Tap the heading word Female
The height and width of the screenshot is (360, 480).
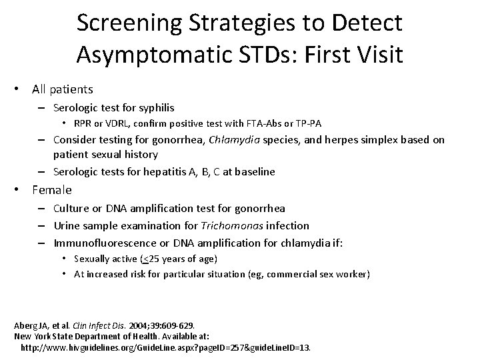tap(52, 190)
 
